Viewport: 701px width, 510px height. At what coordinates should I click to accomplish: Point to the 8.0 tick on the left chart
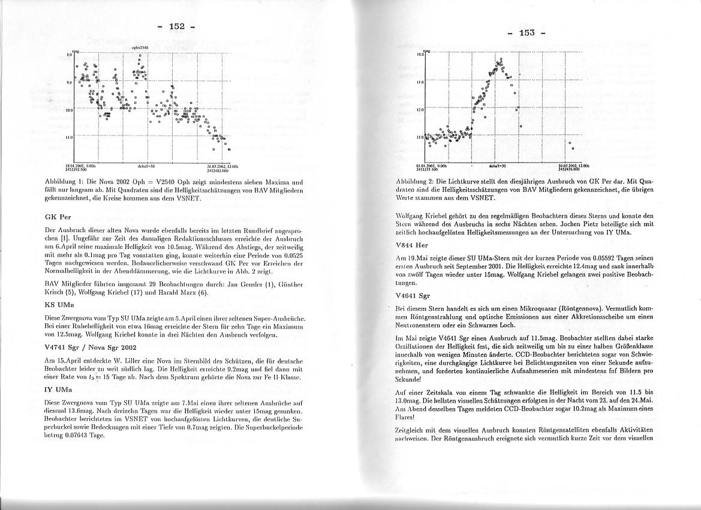coord(69,54)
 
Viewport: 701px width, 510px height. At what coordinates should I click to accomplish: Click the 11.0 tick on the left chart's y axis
coord(69,138)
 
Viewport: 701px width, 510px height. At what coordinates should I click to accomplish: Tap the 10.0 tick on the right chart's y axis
coord(420,55)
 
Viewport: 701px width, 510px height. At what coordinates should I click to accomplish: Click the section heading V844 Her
coord(412,245)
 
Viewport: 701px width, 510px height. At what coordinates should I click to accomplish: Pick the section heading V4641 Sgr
coord(413,296)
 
